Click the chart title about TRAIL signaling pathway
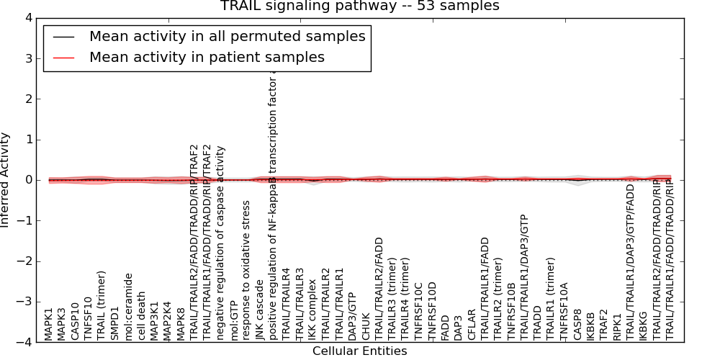click(359, 6)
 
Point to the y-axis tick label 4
click(28, 18)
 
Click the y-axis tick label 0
click(28, 180)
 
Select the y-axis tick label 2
click(28, 99)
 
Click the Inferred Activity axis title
click(6, 180)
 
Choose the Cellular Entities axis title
click(359, 351)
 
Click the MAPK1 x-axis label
click(49, 324)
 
